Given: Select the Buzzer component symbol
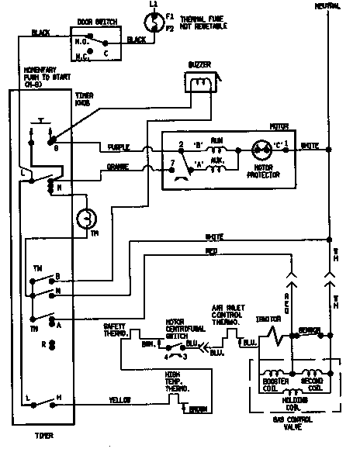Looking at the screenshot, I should pyautogui.click(x=199, y=79).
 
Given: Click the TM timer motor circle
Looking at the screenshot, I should pyautogui.click(x=85, y=221).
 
